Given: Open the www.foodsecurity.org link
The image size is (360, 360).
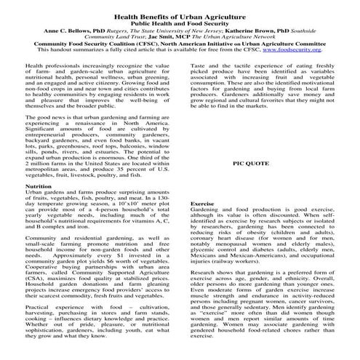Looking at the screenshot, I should click(x=307, y=51).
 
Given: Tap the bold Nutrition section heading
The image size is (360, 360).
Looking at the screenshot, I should click(x=38, y=186).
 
